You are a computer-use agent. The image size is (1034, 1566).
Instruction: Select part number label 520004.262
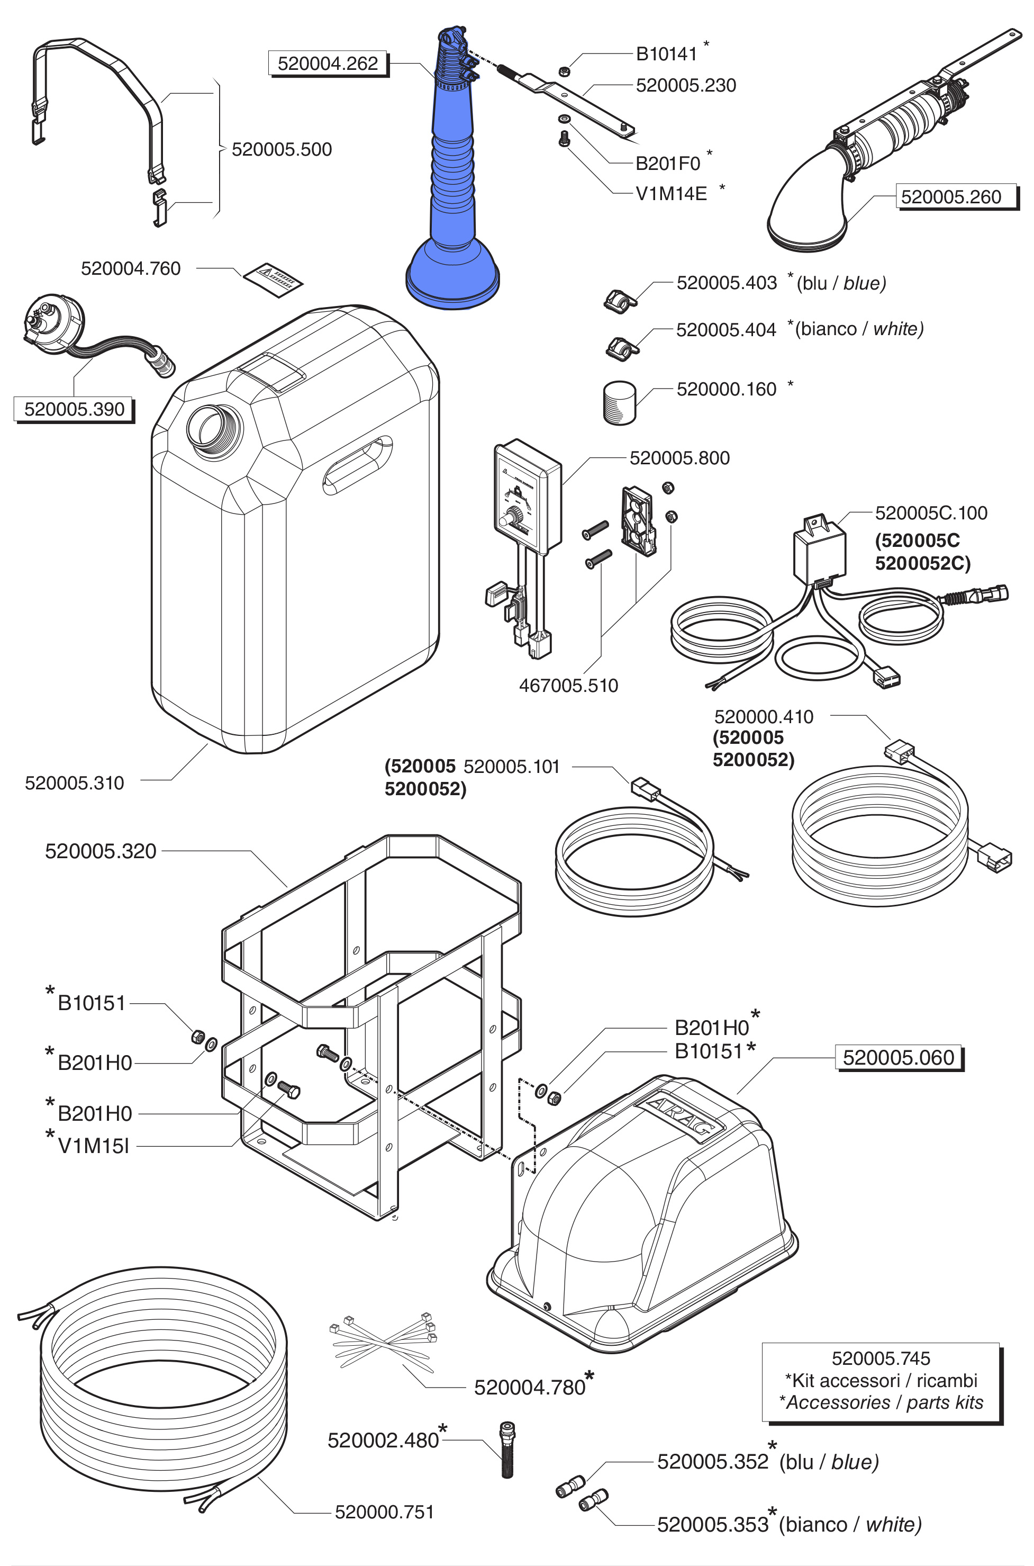click(x=328, y=64)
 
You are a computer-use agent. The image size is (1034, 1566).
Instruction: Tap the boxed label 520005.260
click(x=950, y=196)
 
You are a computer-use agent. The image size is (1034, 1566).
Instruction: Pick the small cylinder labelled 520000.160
click(x=619, y=402)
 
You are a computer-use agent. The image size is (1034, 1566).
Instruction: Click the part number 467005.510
click(x=568, y=686)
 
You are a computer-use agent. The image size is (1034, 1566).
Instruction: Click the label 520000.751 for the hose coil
click(x=385, y=1512)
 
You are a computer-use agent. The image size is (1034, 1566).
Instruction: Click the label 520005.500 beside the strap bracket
click(x=282, y=150)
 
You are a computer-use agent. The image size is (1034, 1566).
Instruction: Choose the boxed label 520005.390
click(x=74, y=409)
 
